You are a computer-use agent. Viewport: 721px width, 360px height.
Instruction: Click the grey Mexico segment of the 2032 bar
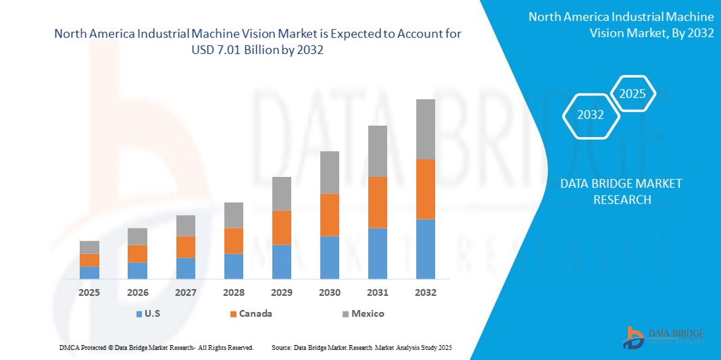pyautogui.click(x=426, y=129)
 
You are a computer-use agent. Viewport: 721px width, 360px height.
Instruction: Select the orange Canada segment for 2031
pyautogui.click(x=378, y=202)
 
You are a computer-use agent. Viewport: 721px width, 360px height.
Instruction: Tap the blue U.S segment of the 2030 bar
pyautogui.click(x=330, y=257)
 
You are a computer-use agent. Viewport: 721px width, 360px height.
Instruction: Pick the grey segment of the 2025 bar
pyautogui.click(x=89, y=247)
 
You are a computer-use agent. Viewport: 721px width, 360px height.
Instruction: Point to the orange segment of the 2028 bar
pyautogui.click(x=234, y=240)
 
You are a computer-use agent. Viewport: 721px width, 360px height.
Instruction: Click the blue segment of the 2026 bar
pyautogui.click(x=138, y=270)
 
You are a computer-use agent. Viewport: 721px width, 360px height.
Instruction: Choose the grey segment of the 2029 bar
pyautogui.click(x=282, y=193)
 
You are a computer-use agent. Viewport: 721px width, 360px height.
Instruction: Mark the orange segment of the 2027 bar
pyautogui.click(x=186, y=247)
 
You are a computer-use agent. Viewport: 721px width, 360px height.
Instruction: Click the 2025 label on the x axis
pyautogui.click(x=89, y=292)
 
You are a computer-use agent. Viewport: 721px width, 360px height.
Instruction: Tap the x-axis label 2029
pyautogui.click(x=282, y=292)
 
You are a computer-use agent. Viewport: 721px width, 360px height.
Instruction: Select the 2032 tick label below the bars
pyautogui.click(x=426, y=292)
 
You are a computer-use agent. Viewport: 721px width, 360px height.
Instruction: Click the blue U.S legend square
pyautogui.click(x=139, y=314)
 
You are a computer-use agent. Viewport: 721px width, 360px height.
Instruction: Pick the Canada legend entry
pyautogui.click(x=255, y=313)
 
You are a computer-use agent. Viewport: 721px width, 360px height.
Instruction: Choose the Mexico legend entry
pyautogui.click(x=367, y=313)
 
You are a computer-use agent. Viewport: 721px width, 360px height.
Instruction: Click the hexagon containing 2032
pyautogui.click(x=591, y=115)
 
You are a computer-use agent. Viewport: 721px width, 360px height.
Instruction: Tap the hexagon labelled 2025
pyautogui.click(x=633, y=94)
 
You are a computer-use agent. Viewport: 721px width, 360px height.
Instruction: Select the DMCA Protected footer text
pyautogui.click(x=156, y=347)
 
